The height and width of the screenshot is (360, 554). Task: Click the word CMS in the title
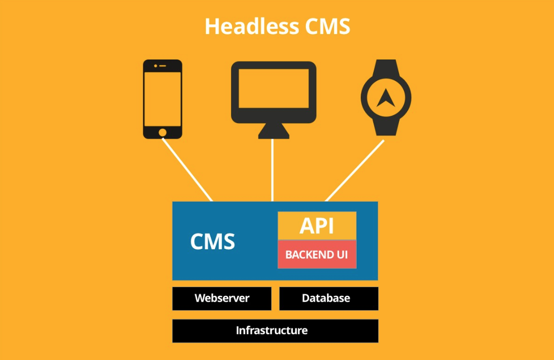[x=328, y=26]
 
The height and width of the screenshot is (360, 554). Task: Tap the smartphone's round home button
[x=162, y=132]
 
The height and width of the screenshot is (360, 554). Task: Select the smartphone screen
[x=162, y=99]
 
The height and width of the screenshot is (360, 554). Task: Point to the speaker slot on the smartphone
[x=162, y=66]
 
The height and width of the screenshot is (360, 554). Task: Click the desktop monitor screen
[x=273, y=88]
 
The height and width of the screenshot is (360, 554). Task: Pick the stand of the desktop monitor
[x=273, y=131]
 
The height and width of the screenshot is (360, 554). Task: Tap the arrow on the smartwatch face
[x=386, y=98]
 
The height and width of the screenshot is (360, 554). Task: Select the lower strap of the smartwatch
[x=386, y=127]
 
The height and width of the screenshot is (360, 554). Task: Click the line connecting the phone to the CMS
[x=187, y=170]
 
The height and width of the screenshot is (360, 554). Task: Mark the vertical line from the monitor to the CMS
[x=272, y=170]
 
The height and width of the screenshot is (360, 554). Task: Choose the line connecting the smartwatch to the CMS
[x=355, y=171]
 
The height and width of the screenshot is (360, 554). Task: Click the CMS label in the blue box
[x=212, y=242]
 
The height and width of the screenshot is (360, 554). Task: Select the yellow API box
[x=317, y=226]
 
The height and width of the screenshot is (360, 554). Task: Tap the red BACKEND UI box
[x=317, y=254]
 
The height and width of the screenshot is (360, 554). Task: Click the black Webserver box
[x=222, y=298]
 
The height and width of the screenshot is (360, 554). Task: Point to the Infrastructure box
[x=275, y=331]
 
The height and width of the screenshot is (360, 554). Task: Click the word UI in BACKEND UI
[x=342, y=254]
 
